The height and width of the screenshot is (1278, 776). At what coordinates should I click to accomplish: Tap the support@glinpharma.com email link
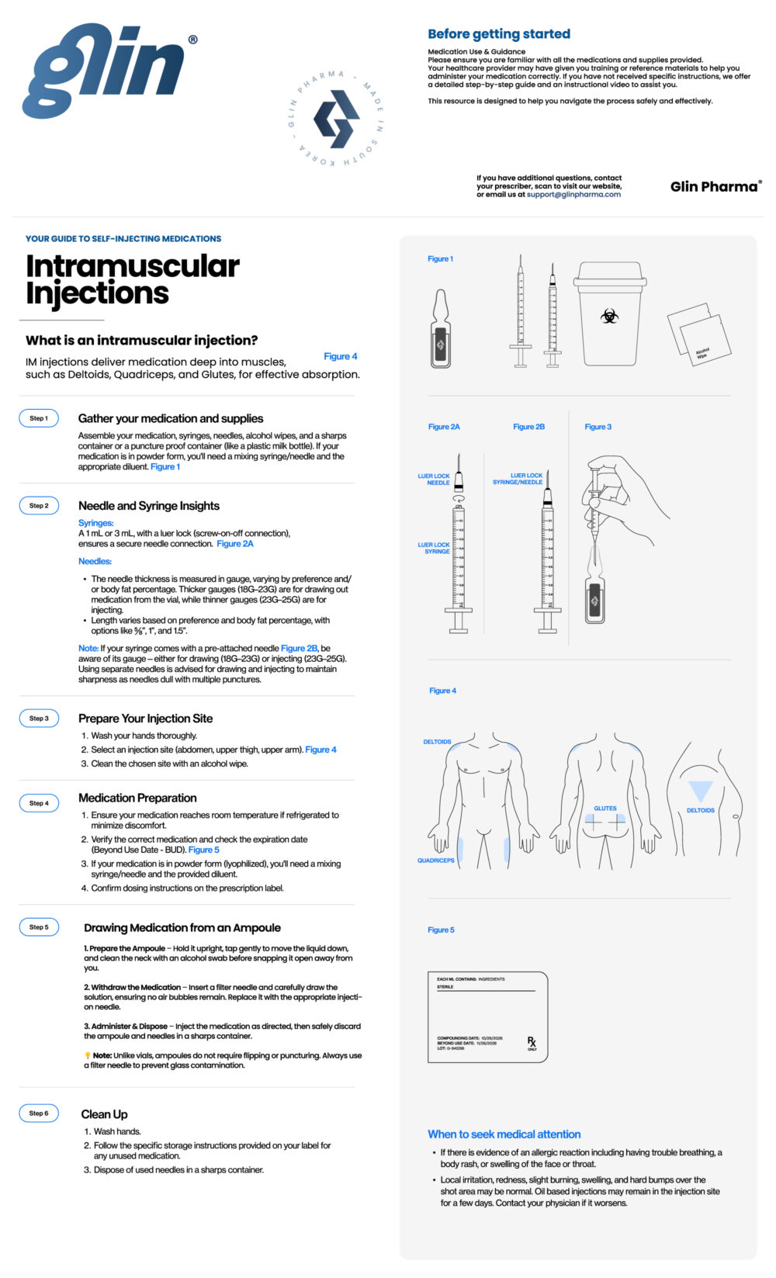tap(573, 195)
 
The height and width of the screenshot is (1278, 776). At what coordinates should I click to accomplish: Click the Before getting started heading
tap(499, 34)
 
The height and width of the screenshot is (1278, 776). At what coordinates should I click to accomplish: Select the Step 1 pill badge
tap(39, 418)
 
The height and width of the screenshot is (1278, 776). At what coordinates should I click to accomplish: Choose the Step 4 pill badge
tap(39, 803)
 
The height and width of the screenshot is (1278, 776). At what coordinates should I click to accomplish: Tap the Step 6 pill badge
tap(39, 1113)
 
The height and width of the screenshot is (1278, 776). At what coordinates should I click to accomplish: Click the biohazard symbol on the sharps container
tap(610, 316)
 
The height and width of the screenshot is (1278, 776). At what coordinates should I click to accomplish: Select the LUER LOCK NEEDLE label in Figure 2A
tap(434, 480)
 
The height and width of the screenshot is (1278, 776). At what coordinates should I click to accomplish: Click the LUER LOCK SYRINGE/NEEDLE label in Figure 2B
tap(518, 479)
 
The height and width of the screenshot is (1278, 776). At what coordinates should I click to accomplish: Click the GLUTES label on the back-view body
tap(605, 809)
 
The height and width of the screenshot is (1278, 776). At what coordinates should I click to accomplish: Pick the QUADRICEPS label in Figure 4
tap(436, 861)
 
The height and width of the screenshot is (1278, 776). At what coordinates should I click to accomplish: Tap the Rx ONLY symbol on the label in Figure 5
tap(532, 1042)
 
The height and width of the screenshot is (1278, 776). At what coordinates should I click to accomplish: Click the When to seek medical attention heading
tap(504, 1134)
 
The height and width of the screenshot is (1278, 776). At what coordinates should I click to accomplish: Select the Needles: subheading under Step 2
tap(95, 561)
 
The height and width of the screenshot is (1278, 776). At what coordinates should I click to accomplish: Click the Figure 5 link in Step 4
tap(204, 850)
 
